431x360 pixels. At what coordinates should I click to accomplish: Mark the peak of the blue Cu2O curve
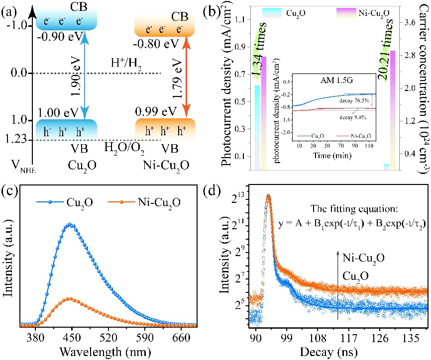pyautogui.click(x=70, y=224)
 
